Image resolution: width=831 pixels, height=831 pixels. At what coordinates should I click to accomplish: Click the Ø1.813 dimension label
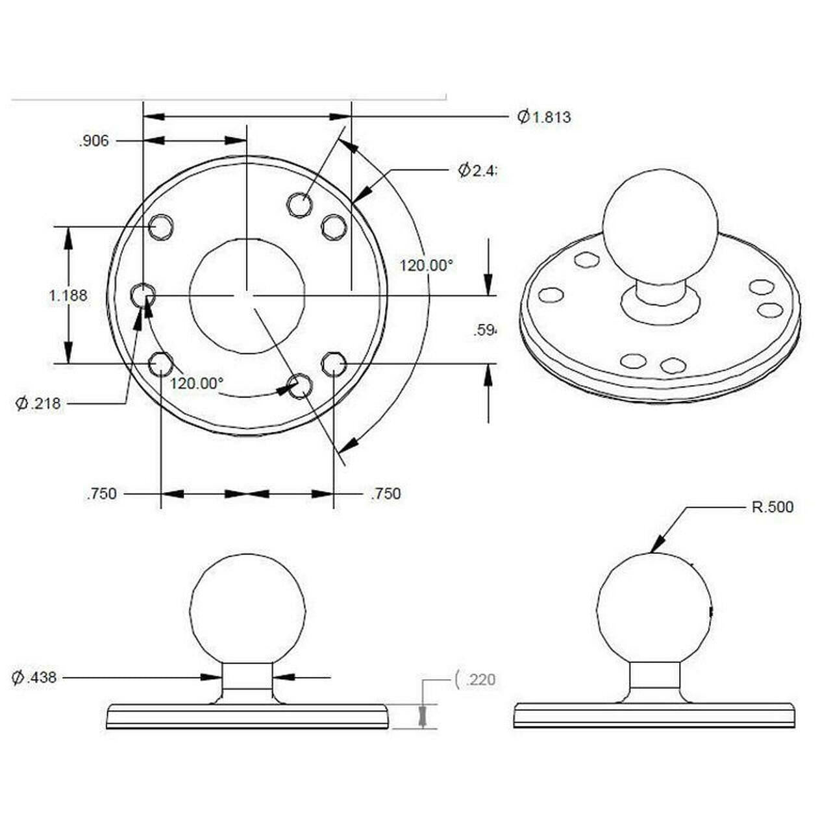tap(544, 117)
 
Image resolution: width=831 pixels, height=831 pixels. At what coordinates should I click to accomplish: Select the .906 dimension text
tap(93, 142)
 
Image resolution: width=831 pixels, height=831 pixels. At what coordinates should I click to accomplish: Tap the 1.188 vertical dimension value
tap(68, 295)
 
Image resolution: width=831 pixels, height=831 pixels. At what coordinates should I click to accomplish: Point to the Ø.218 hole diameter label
tap(38, 403)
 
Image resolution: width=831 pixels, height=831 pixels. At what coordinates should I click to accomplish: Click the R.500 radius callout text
tap(772, 507)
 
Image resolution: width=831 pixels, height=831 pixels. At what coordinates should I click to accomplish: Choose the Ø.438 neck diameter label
tap(34, 678)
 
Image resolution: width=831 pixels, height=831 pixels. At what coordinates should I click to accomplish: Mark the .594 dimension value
tap(484, 330)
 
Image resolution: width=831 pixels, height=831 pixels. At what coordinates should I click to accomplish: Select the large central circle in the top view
tap(247, 295)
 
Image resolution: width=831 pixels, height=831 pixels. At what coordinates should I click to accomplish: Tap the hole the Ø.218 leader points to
tap(142, 295)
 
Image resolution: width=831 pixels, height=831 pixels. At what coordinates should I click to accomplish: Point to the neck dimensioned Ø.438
tap(247, 678)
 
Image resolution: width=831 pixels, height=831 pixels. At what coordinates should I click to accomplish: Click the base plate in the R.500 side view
tap(654, 715)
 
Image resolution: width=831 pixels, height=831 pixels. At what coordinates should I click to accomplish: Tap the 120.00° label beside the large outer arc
tap(425, 266)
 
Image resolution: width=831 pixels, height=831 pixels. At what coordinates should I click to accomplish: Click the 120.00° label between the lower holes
tap(196, 383)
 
